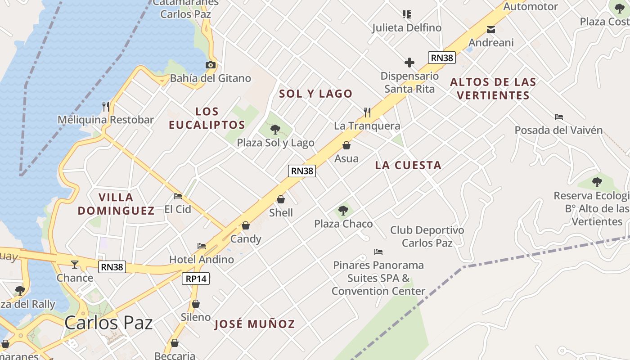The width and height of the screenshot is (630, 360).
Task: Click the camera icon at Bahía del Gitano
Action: coord(210,65)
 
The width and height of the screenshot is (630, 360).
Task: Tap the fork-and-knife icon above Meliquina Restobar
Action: coord(106,107)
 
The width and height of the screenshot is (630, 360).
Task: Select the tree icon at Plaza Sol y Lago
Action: coord(275,130)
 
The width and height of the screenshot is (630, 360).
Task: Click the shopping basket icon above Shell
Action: coord(281,199)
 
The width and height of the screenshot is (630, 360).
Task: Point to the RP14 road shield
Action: coord(196,279)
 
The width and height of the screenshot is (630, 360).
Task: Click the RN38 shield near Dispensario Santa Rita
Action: coord(441,58)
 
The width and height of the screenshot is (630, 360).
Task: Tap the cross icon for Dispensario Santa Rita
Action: coord(409,63)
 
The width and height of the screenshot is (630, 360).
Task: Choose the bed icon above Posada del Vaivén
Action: coord(559,117)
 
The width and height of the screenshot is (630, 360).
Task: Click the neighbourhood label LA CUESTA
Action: coord(408,165)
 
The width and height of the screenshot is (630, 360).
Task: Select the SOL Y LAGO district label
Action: coord(315,94)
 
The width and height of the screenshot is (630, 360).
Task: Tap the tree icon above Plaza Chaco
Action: coord(343,210)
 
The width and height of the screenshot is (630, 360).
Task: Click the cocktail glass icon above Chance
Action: coord(75,264)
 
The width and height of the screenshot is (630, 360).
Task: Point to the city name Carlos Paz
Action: coord(108,323)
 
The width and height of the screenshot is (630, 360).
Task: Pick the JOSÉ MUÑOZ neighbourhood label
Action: coord(254,324)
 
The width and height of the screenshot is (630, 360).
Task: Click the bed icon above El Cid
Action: coord(178,196)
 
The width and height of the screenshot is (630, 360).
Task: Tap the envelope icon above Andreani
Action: coord(491,30)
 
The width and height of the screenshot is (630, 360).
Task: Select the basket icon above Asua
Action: coord(346,145)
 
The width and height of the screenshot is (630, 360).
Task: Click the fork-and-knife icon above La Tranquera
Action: coord(367,112)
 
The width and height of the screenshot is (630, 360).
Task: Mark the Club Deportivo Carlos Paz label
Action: coord(427,236)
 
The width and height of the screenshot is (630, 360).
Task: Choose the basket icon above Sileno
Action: coord(196,304)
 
